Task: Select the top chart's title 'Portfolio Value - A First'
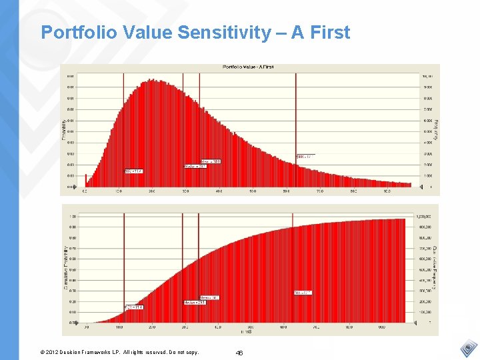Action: point(248,67)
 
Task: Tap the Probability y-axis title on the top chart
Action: point(65,130)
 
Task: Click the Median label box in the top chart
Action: point(195,166)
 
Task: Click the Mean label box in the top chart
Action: point(211,161)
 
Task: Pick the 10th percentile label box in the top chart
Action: point(134,171)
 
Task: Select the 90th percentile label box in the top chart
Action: point(305,157)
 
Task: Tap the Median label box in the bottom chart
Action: point(195,303)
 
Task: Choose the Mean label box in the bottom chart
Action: point(209,297)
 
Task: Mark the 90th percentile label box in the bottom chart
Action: point(303,293)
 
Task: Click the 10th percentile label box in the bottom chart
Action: point(133,307)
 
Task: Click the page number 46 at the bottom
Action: point(239,351)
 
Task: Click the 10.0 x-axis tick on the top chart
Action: point(117,191)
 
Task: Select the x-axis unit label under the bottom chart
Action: point(246,331)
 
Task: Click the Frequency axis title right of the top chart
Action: point(435,129)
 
